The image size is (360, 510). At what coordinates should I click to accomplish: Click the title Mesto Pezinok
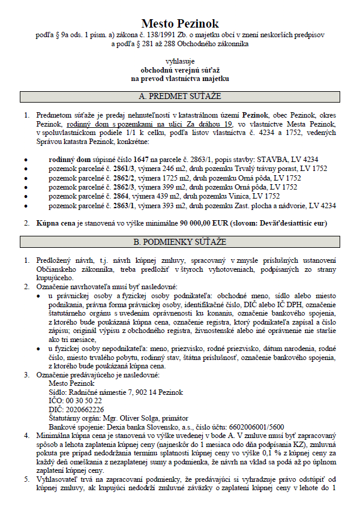click(180, 24)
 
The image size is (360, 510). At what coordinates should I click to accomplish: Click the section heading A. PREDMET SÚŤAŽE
click(180, 96)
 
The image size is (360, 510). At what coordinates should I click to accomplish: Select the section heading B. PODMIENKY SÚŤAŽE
click(180, 242)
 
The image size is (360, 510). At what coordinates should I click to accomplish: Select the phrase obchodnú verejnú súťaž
click(180, 70)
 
